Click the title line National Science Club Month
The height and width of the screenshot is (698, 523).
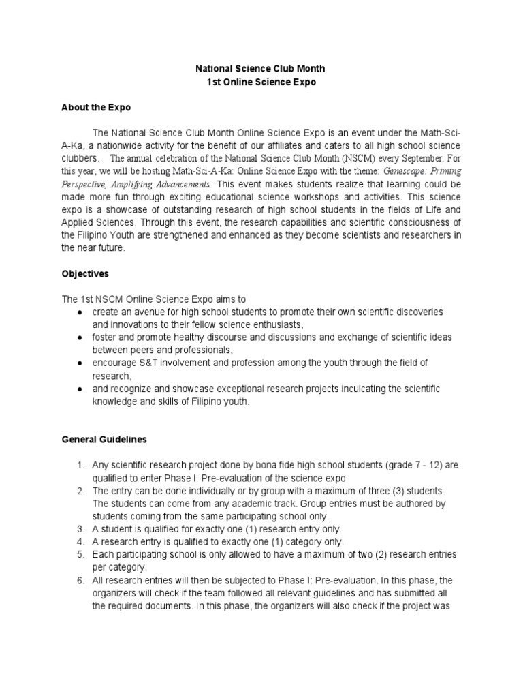coord(261,69)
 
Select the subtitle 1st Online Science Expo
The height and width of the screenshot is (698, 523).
coord(261,82)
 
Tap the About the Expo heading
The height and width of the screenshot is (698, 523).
coord(96,108)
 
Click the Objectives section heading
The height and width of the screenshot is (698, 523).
coord(85,273)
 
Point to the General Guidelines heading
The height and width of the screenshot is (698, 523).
coord(104,440)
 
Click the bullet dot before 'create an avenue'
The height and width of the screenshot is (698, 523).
coord(80,312)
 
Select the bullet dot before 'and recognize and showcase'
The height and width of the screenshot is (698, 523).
coord(80,389)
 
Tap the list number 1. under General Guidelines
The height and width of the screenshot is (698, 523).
coord(80,465)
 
